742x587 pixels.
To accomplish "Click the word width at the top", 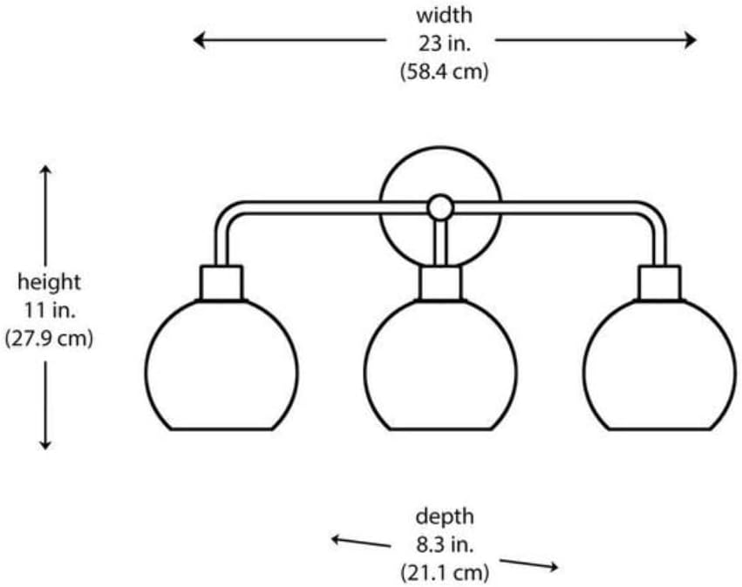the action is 444,16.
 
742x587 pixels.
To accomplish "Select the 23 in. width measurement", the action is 445,44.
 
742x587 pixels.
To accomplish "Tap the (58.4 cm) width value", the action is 444,72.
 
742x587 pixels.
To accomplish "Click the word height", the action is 49,283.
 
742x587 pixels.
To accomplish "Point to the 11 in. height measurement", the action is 50,311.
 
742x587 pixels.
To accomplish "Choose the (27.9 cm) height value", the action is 49,339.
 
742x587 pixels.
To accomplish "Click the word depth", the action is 445,516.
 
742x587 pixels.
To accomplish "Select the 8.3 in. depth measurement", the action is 445,545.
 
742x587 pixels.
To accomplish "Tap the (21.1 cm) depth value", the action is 445,573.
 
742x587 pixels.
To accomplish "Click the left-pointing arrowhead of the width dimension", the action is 199,40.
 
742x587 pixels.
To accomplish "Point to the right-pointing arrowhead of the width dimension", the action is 691,40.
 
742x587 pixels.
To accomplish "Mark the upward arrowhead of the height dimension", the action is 45,172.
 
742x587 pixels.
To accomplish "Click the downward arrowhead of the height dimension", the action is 45,443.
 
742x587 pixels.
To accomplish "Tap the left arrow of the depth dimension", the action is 361,542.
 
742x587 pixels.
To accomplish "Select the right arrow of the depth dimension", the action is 529,564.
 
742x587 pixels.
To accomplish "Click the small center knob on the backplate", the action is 440,207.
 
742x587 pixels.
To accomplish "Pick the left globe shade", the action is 221,365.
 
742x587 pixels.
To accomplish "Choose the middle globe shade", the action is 440,365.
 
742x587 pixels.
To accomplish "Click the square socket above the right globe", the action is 660,283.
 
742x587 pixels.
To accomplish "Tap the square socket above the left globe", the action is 221,283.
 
